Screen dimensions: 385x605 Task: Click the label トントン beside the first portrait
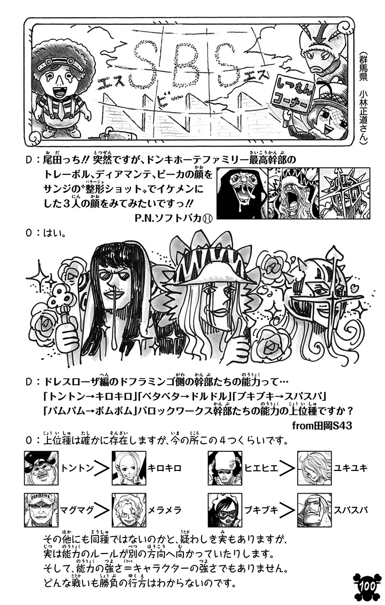pos(78,468)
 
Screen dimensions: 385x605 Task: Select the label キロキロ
pos(164,468)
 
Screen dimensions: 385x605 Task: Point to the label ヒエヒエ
pos(261,468)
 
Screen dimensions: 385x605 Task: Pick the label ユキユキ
pos(351,468)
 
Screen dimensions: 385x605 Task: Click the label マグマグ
pos(77,510)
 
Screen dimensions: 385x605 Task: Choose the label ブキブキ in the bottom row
pos(261,510)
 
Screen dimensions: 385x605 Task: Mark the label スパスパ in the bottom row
pos(351,510)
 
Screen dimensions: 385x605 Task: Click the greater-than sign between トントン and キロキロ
pos(103,468)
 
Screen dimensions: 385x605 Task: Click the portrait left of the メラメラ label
pos(129,510)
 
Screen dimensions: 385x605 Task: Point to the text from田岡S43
pos(322,426)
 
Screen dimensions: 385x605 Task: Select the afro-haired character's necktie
pos(61,110)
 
